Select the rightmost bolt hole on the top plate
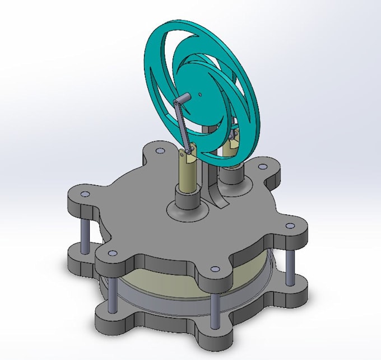290,226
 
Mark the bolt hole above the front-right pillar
215,269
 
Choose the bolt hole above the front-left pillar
112,254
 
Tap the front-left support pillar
112,297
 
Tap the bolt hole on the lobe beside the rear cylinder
263,166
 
